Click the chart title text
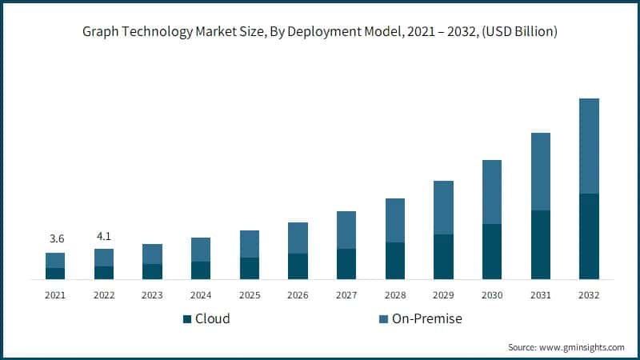click(x=320, y=32)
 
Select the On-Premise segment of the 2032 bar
click(x=589, y=146)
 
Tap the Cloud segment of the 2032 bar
click(x=589, y=236)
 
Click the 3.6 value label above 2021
click(x=55, y=239)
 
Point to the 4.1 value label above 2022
click(x=104, y=236)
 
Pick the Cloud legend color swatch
click(x=187, y=319)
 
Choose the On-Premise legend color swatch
click(x=384, y=319)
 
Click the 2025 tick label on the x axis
click(x=250, y=295)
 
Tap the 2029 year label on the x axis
click(x=443, y=295)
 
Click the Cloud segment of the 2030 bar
click(x=492, y=251)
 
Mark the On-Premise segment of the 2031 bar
click(x=541, y=171)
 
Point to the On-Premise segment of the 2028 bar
click(x=395, y=220)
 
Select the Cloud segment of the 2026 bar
click(x=298, y=266)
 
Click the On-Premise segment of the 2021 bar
click(x=55, y=260)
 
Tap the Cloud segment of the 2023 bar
click(x=152, y=271)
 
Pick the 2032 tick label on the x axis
click(x=589, y=295)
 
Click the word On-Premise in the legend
click(x=427, y=319)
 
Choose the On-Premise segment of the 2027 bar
click(x=346, y=230)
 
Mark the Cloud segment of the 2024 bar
click(x=201, y=270)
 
